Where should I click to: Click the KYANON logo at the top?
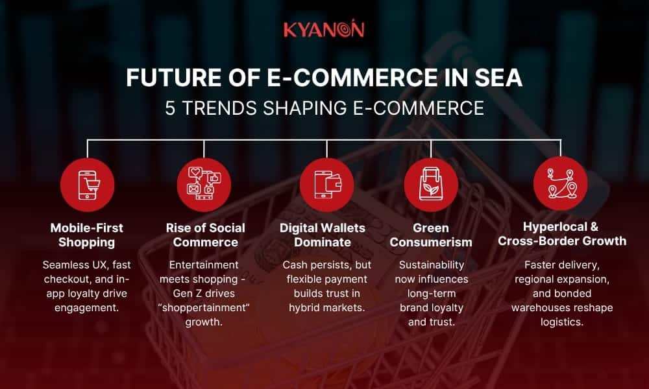pos(324,30)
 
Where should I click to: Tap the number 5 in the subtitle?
pos(170,107)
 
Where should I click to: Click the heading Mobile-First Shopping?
pos(86,235)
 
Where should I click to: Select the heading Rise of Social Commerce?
pos(205,235)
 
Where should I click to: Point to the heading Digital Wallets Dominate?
pos(323,235)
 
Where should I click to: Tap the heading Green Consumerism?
pos(431,235)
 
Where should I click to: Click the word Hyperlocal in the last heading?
pos(552,227)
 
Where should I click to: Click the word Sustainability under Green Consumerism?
pos(432,265)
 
